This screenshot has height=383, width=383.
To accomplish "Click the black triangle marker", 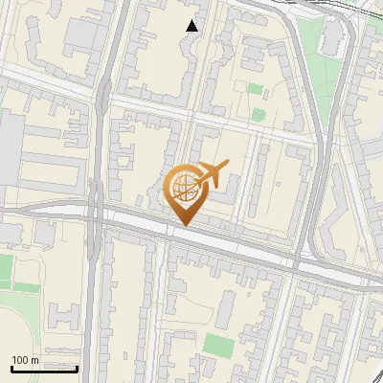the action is [192, 26].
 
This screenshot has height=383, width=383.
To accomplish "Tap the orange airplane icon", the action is [212, 172].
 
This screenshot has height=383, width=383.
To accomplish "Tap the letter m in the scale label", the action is [35, 360].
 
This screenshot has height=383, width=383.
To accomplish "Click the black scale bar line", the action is [44, 369].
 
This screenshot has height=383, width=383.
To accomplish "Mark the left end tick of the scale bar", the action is [12, 367].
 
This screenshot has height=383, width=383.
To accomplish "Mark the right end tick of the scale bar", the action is [77, 367].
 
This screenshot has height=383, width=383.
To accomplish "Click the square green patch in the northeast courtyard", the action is [255, 89].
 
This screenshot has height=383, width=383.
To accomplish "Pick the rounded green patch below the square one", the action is [257, 113].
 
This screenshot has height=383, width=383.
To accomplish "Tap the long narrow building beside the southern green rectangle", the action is [226, 308].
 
